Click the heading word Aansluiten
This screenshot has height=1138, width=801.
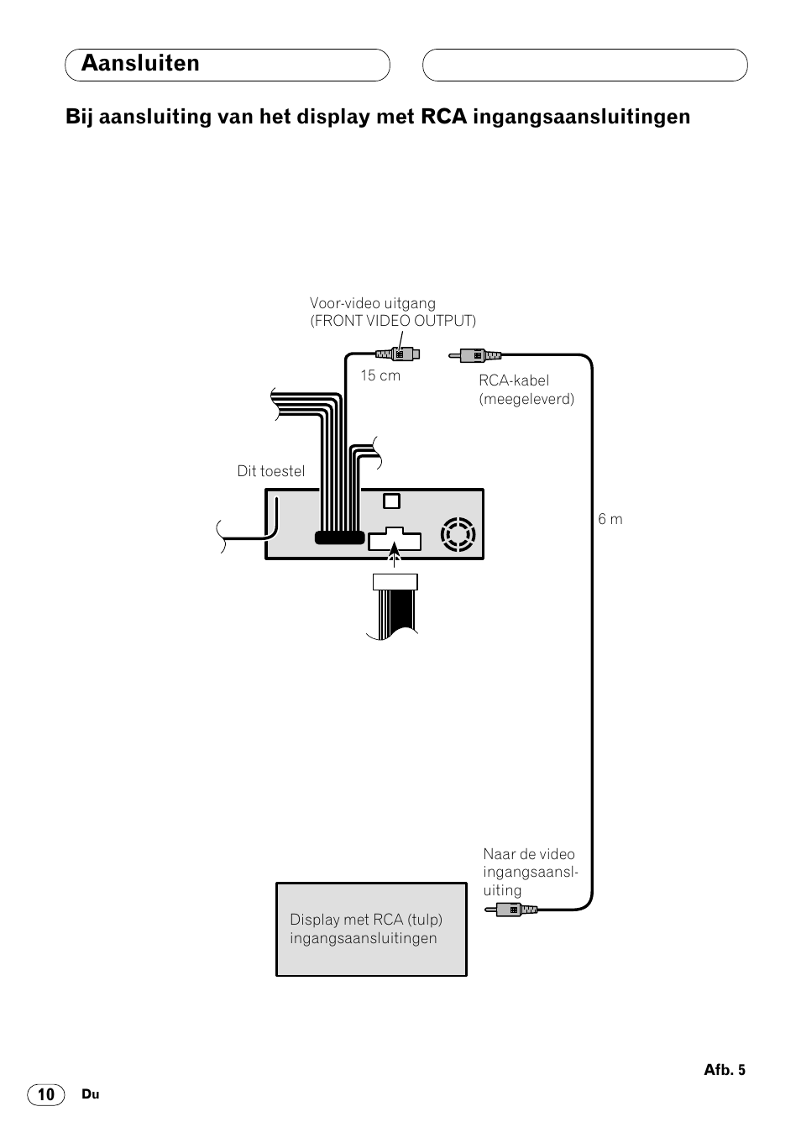tap(140, 64)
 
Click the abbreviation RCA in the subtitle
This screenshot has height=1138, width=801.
tap(443, 117)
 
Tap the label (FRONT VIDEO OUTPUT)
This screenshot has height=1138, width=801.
tap(393, 321)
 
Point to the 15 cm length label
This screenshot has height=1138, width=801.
tap(380, 375)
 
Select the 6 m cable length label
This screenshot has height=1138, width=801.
tap(610, 519)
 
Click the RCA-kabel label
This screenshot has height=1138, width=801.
tap(514, 380)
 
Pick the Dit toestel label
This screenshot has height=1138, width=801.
tap(271, 471)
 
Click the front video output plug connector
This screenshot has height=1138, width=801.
tap(399, 354)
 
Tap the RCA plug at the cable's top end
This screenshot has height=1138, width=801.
tap(476, 355)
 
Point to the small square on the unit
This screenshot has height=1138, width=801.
tap(391, 501)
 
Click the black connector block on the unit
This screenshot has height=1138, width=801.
tap(339, 538)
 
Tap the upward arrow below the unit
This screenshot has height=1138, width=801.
tap(395, 554)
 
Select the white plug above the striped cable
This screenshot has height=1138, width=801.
tap(395, 582)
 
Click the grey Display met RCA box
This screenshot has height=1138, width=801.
tap(371, 929)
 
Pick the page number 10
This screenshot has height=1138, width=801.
tap(46, 1094)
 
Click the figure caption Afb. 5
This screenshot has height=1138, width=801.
tap(725, 1070)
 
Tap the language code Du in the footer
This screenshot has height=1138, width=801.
tap(91, 1094)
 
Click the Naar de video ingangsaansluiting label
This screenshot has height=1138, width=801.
tap(530, 872)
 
